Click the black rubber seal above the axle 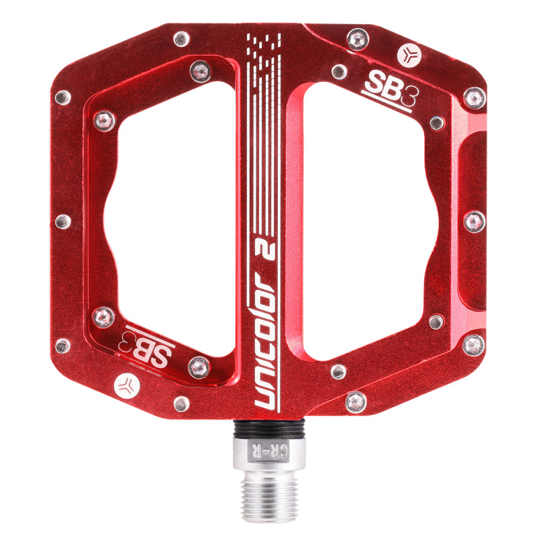point(269,429)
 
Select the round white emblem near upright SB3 point(409,55)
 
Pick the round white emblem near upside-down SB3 point(127,386)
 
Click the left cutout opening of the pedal point(171,219)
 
